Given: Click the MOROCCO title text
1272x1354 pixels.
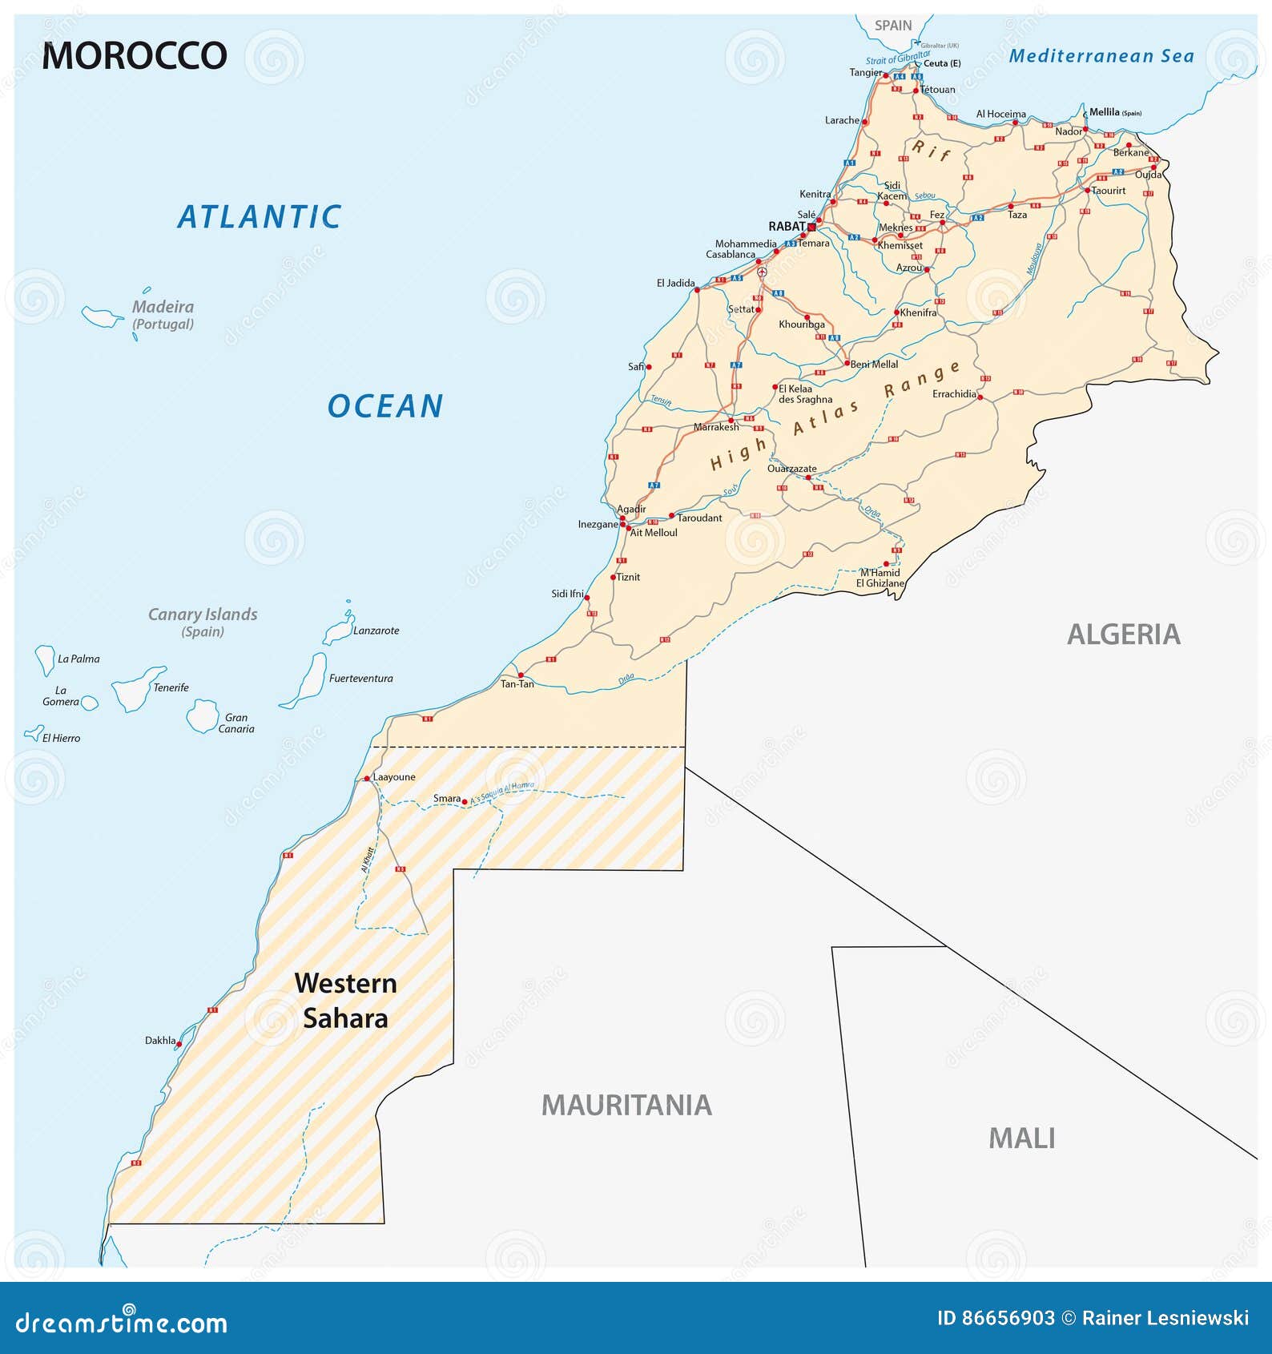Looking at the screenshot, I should pyautogui.click(x=135, y=56).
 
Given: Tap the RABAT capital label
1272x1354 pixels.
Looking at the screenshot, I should pyautogui.click(x=787, y=227).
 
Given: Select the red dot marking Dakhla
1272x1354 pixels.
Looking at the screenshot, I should pyautogui.click(x=179, y=1044).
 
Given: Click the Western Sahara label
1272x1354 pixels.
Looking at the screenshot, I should pyautogui.click(x=345, y=1001).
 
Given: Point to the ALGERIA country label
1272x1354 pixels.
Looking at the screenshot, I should pyautogui.click(x=1123, y=635).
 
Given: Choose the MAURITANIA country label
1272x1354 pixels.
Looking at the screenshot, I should pyautogui.click(x=626, y=1106).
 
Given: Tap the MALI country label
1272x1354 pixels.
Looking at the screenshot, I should pyautogui.click(x=1021, y=1138).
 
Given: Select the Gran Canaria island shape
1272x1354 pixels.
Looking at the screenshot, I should pyautogui.click(x=202, y=715).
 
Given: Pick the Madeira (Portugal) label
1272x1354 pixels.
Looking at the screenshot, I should pyautogui.click(x=163, y=315).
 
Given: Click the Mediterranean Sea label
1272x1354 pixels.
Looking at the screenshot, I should pyautogui.click(x=1101, y=56).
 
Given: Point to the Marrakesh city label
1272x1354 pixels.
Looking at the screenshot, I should pyautogui.click(x=716, y=427).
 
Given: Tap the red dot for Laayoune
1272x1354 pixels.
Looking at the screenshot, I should pyautogui.click(x=367, y=778).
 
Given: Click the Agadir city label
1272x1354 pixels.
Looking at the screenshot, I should pyautogui.click(x=631, y=509).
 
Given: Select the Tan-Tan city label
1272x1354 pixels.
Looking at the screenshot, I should pyautogui.click(x=517, y=684).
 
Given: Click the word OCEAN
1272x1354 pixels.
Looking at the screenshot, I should pyautogui.click(x=385, y=406).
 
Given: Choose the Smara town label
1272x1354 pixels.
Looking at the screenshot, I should pyautogui.click(x=446, y=798).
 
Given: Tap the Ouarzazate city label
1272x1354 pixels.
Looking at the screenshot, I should pyautogui.click(x=791, y=469).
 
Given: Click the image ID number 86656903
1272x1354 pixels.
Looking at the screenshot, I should pyautogui.click(x=1008, y=1318).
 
